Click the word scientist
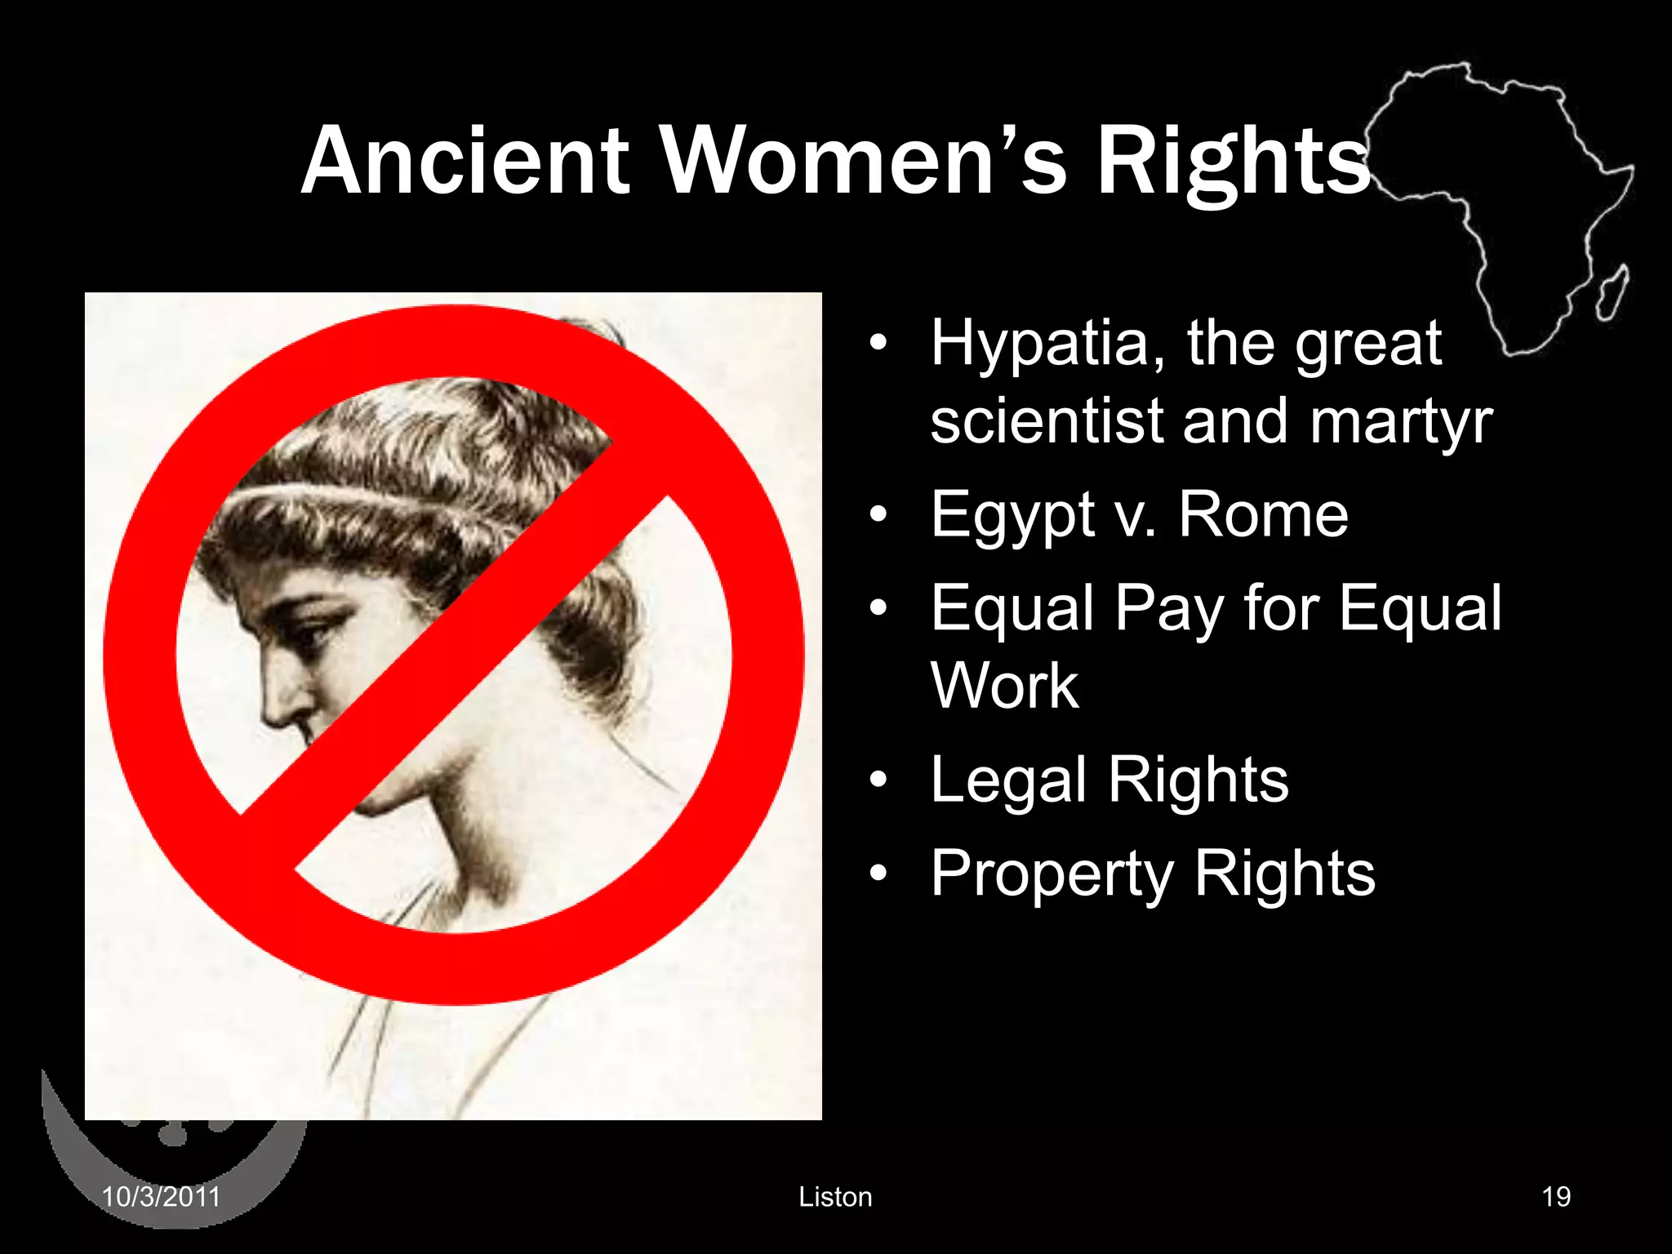(1047, 421)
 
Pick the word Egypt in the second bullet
(1012, 517)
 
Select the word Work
(1004, 686)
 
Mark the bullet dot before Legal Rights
(878, 780)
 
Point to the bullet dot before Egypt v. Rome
(878, 515)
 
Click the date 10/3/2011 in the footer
(161, 1197)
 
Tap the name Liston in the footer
(835, 1197)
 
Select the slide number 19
(1556, 1197)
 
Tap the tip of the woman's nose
(269, 718)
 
